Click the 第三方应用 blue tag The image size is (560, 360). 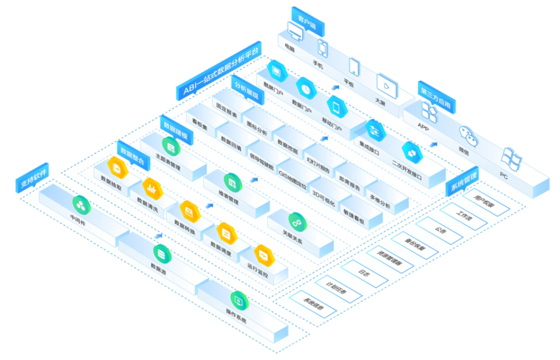click(x=435, y=98)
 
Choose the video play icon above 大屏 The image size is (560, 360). click(x=385, y=85)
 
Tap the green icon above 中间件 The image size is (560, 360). click(x=81, y=204)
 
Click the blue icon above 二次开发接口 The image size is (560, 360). click(x=412, y=152)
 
